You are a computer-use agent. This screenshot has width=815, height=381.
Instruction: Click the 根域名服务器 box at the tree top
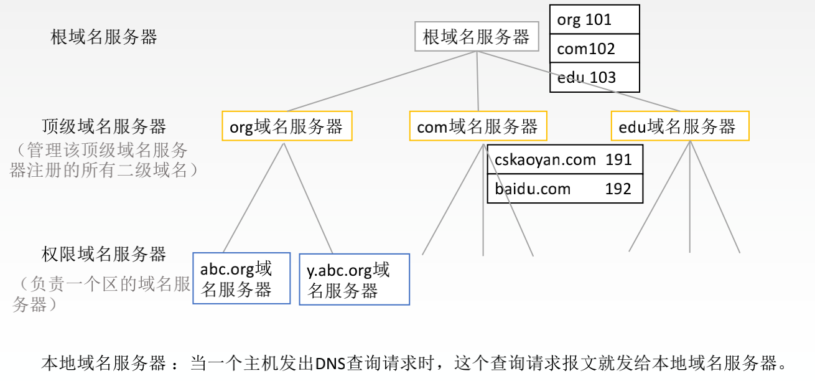pyautogui.click(x=476, y=37)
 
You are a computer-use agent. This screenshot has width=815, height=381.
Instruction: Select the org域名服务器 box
pyautogui.click(x=287, y=126)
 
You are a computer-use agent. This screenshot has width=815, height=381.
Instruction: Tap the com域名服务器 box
pyautogui.click(x=478, y=126)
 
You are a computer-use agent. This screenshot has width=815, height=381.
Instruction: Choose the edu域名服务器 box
pyautogui.click(x=679, y=126)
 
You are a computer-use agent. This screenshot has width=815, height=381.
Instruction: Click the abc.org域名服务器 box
pyautogui.click(x=241, y=278)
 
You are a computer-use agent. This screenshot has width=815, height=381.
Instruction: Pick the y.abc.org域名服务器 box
pyautogui.click(x=354, y=279)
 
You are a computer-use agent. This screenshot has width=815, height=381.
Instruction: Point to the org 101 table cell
pyautogui.click(x=594, y=20)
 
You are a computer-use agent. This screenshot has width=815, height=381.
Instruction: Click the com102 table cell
pyautogui.click(x=594, y=49)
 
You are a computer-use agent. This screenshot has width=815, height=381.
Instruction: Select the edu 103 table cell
pyautogui.click(x=594, y=77)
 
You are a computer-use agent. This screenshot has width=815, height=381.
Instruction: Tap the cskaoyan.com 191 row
pyautogui.click(x=564, y=160)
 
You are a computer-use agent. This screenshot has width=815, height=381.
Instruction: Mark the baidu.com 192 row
pyautogui.click(x=564, y=189)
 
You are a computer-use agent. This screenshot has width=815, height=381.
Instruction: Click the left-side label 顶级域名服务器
pyautogui.click(x=104, y=126)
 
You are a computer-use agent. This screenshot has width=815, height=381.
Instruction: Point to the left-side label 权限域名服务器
pyautogui.click(x=104, y=254)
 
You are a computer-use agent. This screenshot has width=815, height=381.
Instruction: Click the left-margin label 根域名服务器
pyautogui.click(x=104, y=37)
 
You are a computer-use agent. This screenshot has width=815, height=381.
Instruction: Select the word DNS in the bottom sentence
pyautogui.click(x=330, y=362)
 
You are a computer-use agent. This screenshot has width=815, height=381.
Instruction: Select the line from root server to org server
pyautogui.click(x=380, y=82)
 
